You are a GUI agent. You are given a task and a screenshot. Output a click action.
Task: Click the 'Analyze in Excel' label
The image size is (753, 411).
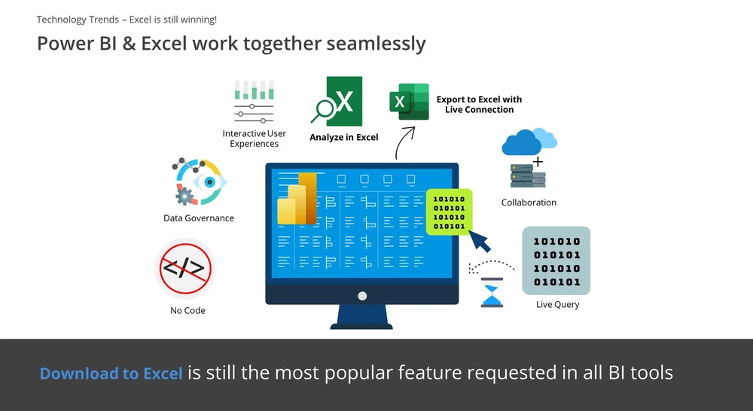pos(343,138)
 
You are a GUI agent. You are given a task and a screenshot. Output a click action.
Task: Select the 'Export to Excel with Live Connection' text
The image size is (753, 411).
pos(479,105)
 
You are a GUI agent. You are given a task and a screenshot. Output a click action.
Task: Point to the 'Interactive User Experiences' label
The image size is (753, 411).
pos(254,139)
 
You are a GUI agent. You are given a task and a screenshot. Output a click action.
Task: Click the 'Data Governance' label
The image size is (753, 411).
pos(199,218)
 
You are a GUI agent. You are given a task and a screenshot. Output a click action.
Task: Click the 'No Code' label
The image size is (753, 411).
pos(187,310)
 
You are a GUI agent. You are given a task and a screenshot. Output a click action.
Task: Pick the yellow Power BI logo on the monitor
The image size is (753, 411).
pos(298,199)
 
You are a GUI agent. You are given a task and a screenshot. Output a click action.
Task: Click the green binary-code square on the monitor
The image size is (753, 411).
pos(450,212)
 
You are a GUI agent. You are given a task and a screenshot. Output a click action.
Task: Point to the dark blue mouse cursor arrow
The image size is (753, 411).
pos(479,241)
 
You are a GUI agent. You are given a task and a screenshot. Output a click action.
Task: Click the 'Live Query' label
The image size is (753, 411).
pos(558,304)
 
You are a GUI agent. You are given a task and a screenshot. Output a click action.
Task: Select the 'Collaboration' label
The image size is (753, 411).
pos(529,202)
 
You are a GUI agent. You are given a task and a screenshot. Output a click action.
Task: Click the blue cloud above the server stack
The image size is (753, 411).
pos(529,142)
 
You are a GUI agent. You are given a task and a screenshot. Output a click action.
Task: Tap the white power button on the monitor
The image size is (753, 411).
pos(362,297)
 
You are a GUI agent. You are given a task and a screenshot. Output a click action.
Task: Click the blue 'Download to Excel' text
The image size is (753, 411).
pos(111,373)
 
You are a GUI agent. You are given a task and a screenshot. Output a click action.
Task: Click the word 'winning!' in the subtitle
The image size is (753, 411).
pos(197,19)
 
